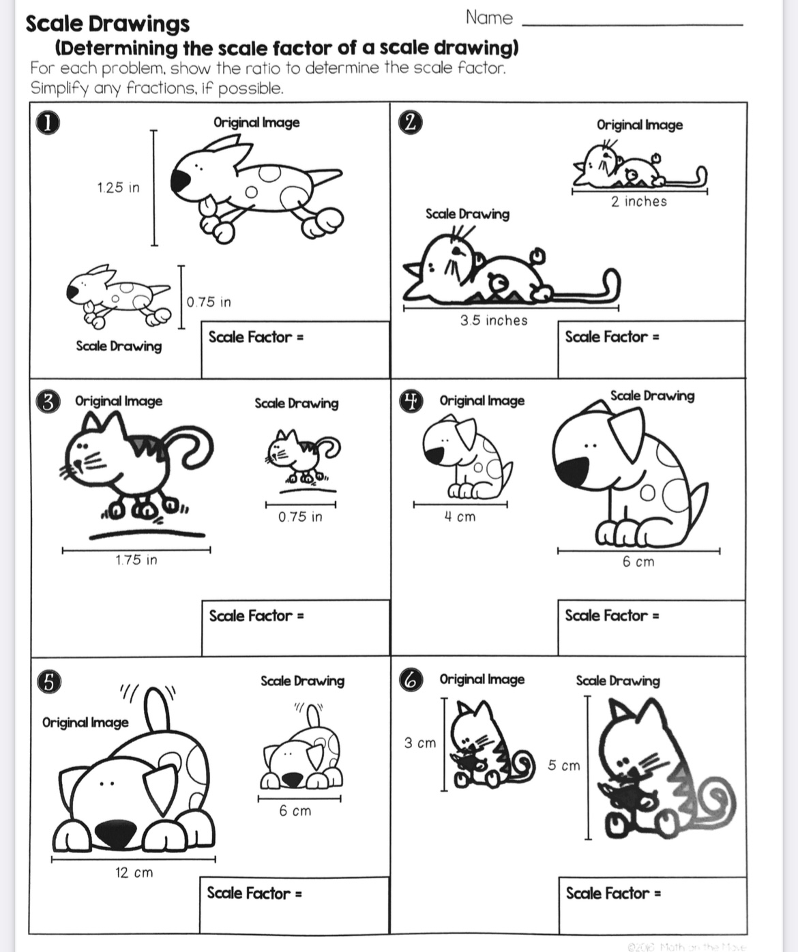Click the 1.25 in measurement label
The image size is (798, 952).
pos(118,188)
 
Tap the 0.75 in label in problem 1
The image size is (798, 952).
pos(209,301)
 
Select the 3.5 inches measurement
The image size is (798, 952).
pos(493,321)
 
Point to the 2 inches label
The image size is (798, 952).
pos(638,202)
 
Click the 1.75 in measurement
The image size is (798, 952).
pos(136,560)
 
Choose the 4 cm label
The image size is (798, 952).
pos(460,517)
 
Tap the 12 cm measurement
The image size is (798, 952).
pos(134,872)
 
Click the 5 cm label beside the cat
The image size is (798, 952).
pos(564,766)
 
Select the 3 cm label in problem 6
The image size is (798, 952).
pos(419,743)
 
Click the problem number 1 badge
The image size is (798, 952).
pos(46,123)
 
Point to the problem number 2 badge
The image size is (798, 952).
pos(410,123)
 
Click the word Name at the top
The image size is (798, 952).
pos(489,18)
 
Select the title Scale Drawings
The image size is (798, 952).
pos(108,24)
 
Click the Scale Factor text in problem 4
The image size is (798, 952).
pos(606,616)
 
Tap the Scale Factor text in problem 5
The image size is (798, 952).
pos(249,893)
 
